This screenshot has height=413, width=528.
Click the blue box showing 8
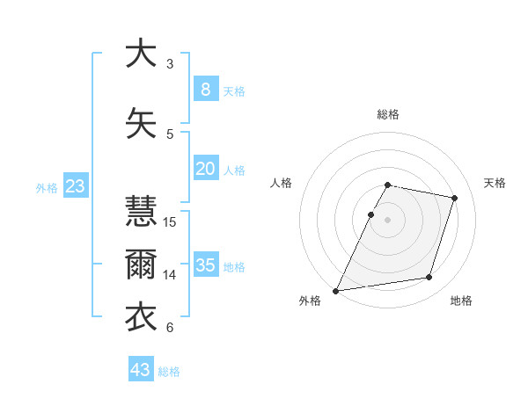click(205, 89)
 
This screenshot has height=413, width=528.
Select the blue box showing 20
click(205, 169)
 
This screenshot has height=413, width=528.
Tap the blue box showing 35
click(205, 265)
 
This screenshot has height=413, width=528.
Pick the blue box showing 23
click(74, 186)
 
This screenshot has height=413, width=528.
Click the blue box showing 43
click(141, 370)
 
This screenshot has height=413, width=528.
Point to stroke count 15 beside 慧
click(171, 221)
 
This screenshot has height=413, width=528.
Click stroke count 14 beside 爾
click(171, 274)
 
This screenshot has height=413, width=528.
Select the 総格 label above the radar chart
click(388, 114)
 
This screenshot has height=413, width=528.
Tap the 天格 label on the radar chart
click(495, 183)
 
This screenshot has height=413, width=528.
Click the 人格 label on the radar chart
click(281, 183)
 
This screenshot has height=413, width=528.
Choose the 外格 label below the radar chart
click(310, 301)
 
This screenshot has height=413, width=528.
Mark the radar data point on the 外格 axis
click(336, 291)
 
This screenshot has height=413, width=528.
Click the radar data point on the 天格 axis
click(454, 198)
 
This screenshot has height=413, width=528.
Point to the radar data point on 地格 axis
click(429, 278)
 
